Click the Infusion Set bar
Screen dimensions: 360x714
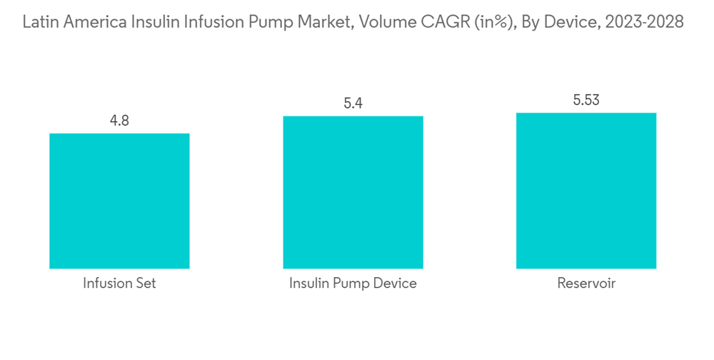119,201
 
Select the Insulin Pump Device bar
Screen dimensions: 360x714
353,192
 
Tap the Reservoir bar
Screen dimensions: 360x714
586,191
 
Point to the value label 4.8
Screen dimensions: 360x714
119,121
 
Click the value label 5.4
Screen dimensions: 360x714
353,104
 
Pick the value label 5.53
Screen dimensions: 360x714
586,100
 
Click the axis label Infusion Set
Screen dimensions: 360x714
119,284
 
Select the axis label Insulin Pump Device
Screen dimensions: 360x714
353,284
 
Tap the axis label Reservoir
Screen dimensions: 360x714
586,284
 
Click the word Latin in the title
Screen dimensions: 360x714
41,22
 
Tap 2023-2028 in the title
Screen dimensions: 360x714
645,22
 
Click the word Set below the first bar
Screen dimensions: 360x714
145,284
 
